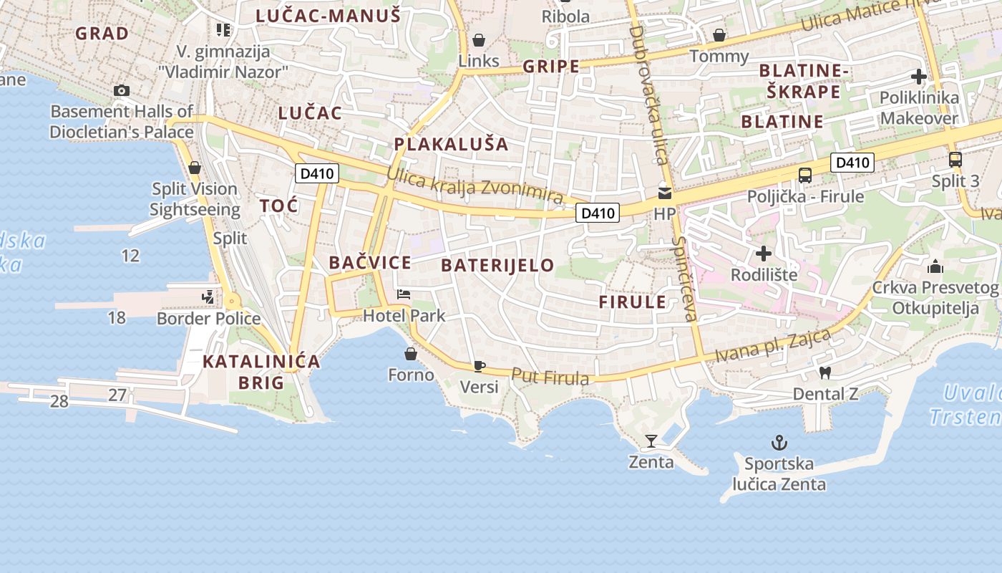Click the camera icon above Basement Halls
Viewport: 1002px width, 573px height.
click(122, 91)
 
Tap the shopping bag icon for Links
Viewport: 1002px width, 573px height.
click(478, 40)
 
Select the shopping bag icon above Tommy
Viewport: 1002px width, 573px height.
click(719, 35)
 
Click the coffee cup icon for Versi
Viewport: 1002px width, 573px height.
click(479, 367)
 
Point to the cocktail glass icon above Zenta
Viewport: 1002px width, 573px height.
click(651, 440)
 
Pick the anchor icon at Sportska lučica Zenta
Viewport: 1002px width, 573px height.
click(779, 443)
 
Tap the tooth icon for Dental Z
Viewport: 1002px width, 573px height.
click(825, 372)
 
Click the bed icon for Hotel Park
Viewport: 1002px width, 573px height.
click(404, 294)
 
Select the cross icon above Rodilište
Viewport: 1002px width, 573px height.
click(764, 254)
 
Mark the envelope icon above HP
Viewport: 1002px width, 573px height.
click(665, 193)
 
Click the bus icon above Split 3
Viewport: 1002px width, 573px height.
click(955, 160)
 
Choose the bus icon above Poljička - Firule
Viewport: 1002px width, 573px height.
click(805, 175)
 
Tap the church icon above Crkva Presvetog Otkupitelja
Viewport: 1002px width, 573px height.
click(935, 267)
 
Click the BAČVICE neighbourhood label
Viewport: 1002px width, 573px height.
click(370, 263)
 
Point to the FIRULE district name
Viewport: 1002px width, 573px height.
click(632, 302)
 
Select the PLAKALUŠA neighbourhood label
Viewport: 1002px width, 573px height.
click(451, 144)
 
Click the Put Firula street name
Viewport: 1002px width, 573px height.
click(550, 377)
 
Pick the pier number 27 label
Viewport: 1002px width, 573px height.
click(117, 395)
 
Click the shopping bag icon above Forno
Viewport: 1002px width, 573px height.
click(411, 354)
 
